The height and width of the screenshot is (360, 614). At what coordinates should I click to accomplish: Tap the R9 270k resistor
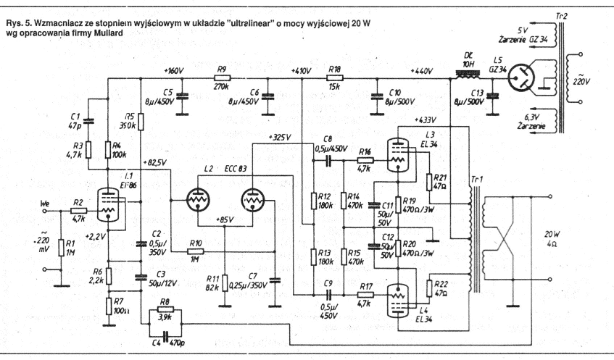click(222, 78)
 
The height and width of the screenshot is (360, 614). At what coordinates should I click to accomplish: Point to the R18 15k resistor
click(334, 78)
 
